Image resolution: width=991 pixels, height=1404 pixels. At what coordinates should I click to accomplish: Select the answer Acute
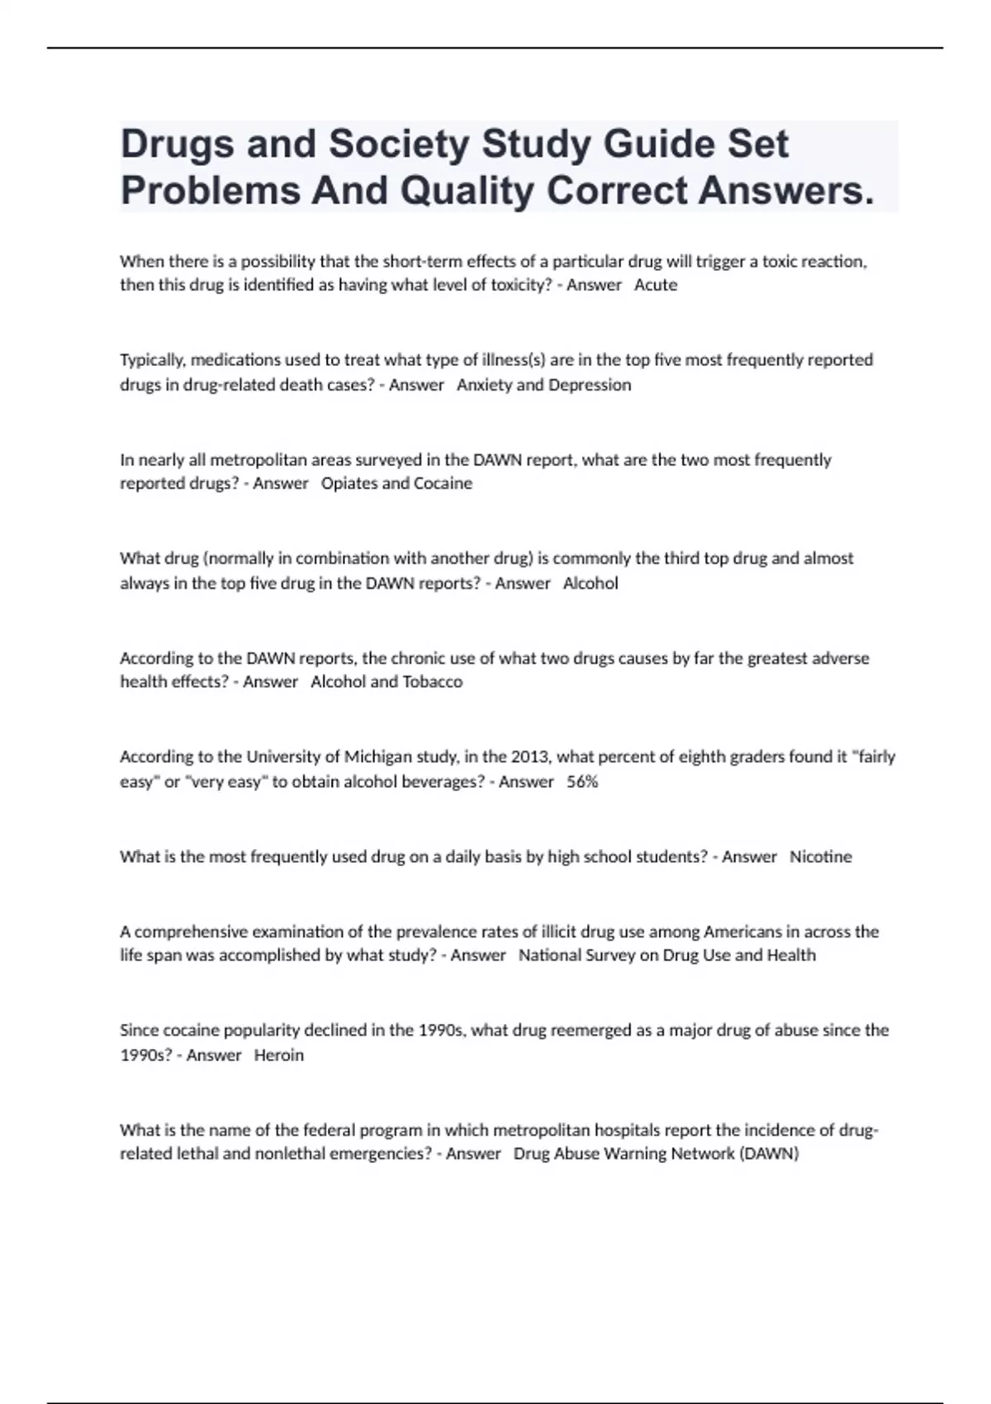coord(656,285)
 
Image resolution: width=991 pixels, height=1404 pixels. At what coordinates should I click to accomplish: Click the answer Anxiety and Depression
coord(543,385)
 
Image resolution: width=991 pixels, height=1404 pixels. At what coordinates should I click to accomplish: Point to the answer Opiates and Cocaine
coord(396,483)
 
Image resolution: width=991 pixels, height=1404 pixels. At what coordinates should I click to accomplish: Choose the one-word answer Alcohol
coord(590,583)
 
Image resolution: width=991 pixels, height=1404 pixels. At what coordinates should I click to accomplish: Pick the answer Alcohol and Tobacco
coord(386,682)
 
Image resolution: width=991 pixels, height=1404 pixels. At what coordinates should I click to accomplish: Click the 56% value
coord(582,781)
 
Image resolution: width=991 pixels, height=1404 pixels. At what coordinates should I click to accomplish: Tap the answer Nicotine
coord(820,856)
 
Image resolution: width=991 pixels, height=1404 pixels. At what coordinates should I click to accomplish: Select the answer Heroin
coord(279,1055)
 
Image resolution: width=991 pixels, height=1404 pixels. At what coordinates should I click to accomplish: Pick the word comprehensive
coord(190,932)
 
